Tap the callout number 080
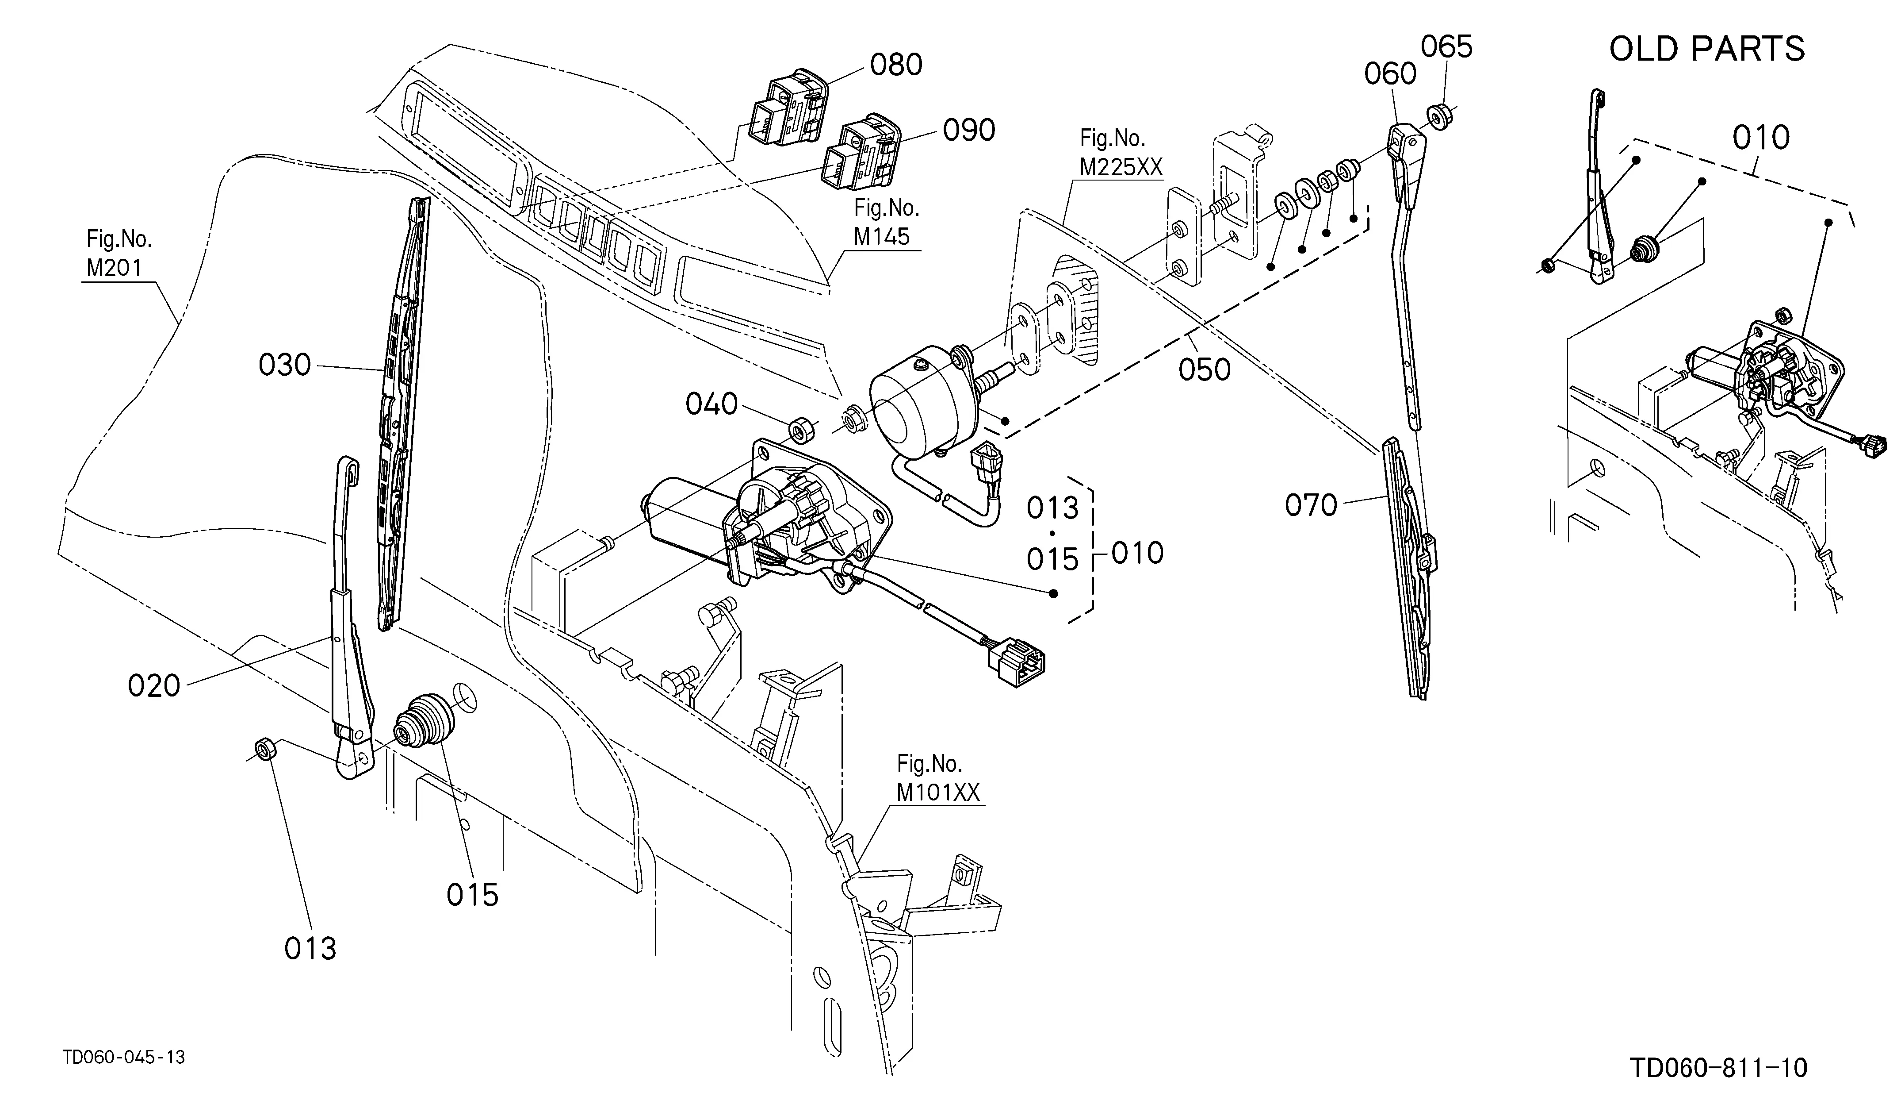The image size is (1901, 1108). tap(896, 65)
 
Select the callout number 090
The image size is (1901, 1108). tap(968, 131)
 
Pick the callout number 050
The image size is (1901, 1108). tap(1205, 370)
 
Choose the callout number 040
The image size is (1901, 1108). tap(711, 404)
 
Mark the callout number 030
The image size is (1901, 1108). tap(284, 365)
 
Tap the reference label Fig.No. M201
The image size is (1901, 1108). tap(119, 254)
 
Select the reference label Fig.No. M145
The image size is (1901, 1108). tap(886, 222)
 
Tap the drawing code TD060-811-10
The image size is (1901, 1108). tap(1718, 1068)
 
